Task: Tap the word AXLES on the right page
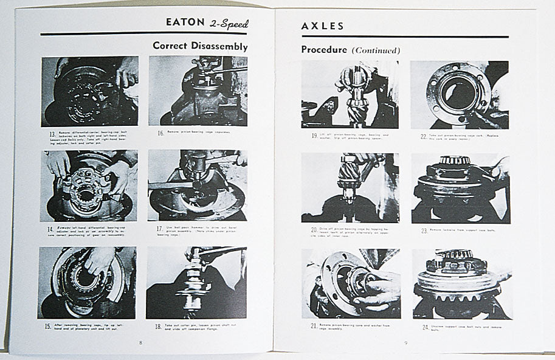(323, 26)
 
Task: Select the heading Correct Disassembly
(199, 46)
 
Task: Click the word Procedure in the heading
(324, 50)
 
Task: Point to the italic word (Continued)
(376, 50)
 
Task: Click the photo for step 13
(90, 91)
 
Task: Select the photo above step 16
(198, 91)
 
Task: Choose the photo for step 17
(197, 185)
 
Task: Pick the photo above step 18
(196, 282)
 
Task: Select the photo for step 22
(460, 94)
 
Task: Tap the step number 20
(314, 230)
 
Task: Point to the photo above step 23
(460, 188)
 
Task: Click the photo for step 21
(350, 283)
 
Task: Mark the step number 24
(424, 327)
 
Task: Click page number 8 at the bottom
(140, 342)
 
